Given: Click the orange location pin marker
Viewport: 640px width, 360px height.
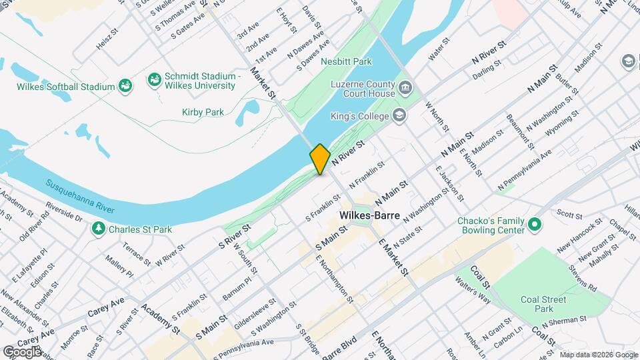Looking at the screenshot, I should tap(320, 159).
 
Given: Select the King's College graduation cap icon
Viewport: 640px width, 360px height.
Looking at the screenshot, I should tap(399, 116).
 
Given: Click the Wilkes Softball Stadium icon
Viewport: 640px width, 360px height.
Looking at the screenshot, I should tap(125, 86).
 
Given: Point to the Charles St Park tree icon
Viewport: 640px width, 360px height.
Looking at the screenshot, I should tap(99, 229).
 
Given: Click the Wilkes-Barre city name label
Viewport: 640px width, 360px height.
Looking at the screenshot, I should tap(369, 216).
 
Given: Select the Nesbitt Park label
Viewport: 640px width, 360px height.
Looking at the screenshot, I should tap(345, 61).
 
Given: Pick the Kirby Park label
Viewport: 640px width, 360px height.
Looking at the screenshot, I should tap(203, 112).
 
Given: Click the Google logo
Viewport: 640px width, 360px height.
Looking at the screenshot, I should tap(22, 351).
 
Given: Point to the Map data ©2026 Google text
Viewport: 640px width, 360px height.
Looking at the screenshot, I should tap(598, 354).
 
